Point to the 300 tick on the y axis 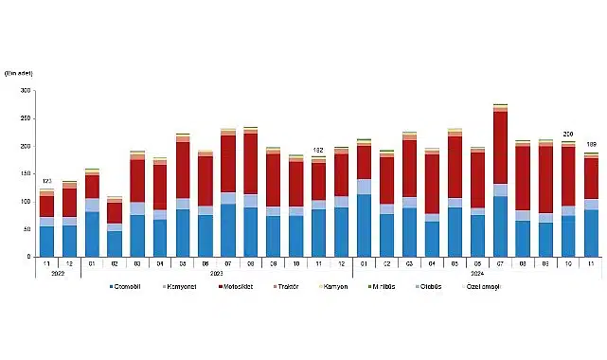click(25, 91)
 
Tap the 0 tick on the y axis click(28, 257)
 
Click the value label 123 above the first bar click(46, 181)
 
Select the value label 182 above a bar click(319, 150)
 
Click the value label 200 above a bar click(568, 135)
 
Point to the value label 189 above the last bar click(591, 145)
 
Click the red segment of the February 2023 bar click(116, 212)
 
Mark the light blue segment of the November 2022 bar click(46, 222)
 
